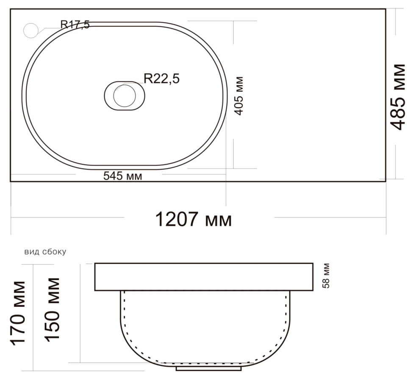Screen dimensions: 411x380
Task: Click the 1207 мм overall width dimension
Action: point(194,219)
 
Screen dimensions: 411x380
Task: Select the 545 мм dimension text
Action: point(123,176)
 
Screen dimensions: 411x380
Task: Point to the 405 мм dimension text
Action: point(239,96)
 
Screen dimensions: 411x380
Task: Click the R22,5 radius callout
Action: point(162,79)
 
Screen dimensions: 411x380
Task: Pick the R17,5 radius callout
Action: point(75,25)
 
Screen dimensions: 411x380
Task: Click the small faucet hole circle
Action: point(31,30)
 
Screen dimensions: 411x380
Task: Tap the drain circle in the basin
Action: point(125,96)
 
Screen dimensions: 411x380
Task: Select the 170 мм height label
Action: point(18,313)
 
